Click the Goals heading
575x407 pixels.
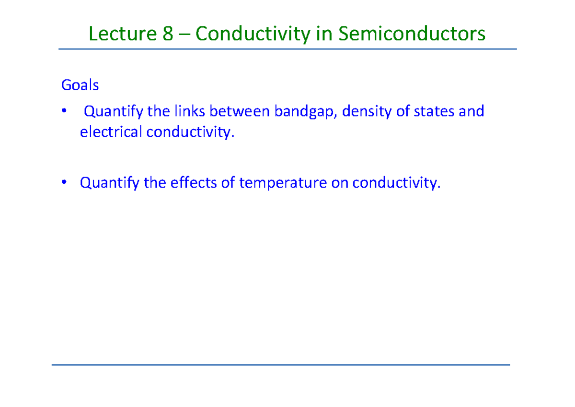[80, 85]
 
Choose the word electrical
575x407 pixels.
[111, 132]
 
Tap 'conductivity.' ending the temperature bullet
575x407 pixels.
[396, 183]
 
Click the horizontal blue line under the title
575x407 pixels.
[287, 49]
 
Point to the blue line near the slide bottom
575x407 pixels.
[281, 365]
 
